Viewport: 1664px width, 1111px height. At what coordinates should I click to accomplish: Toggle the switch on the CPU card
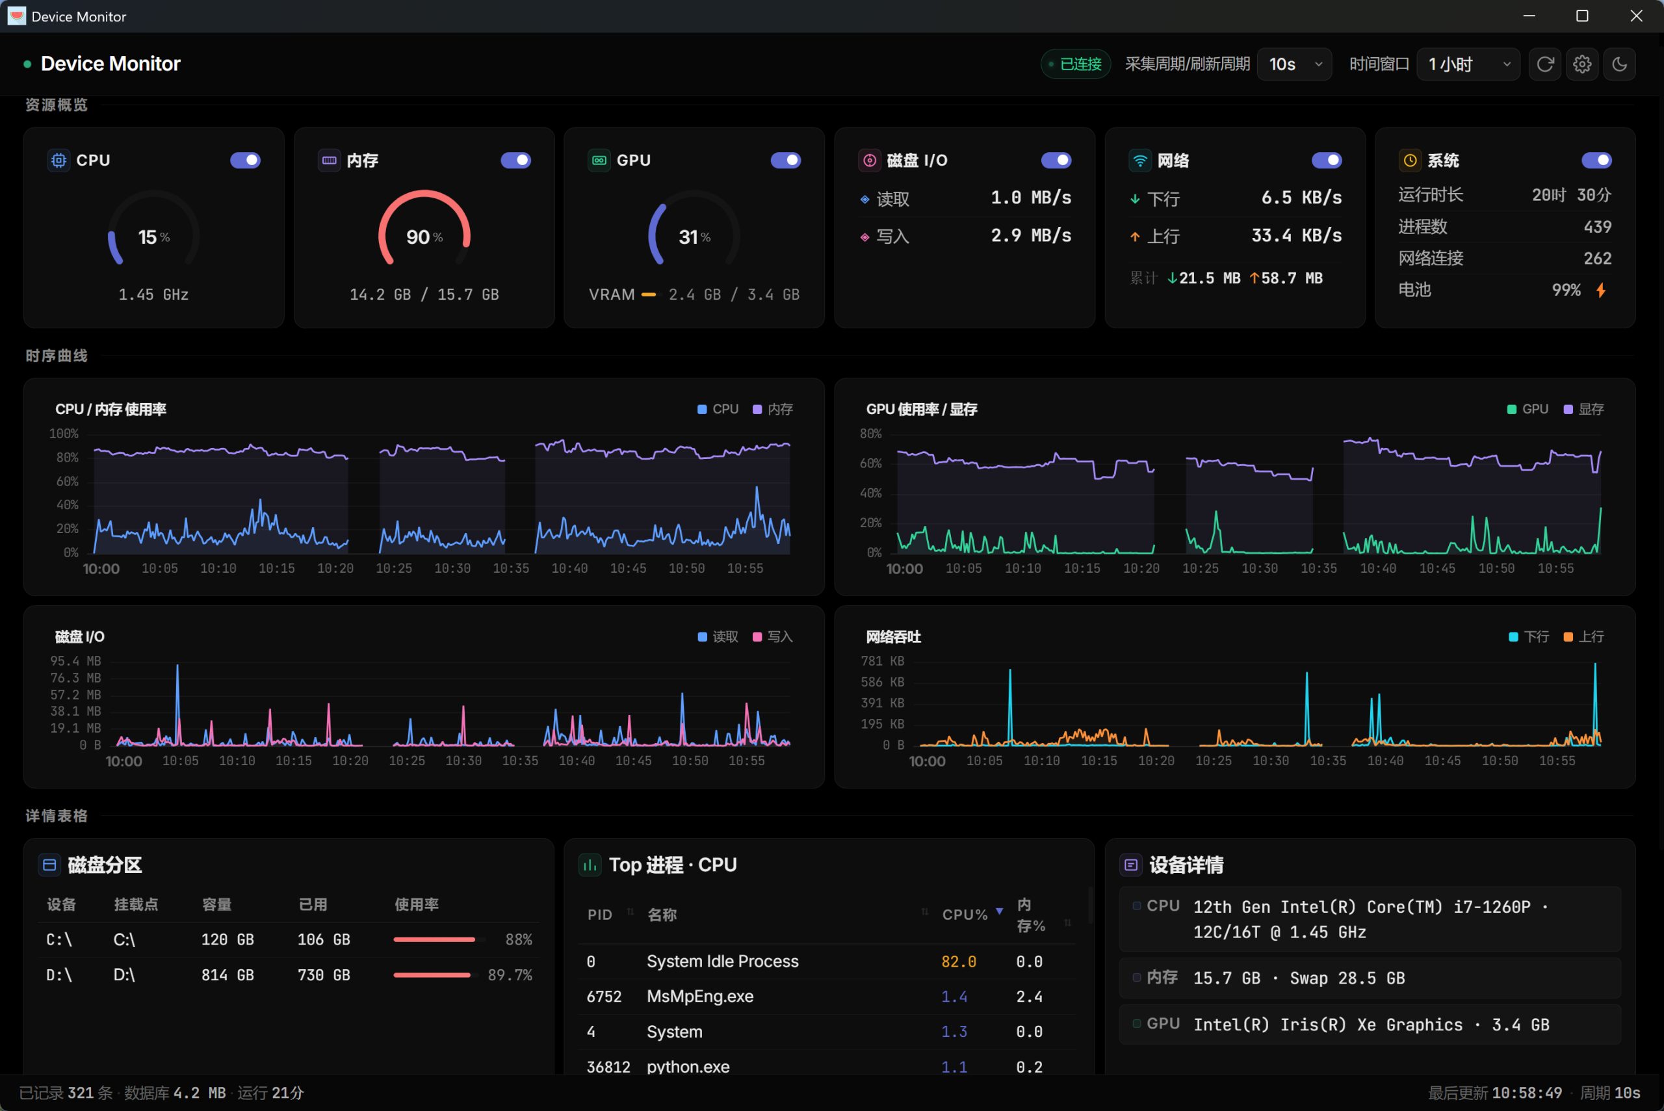click(245, 160)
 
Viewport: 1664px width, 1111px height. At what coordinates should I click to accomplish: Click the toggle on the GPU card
click(786, 160)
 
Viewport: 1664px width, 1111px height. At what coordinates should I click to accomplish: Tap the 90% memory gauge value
click(424, 237)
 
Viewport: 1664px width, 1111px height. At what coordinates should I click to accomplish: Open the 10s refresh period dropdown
click(1294, 64)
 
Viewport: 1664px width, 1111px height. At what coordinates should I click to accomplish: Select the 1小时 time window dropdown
click(1468, 64)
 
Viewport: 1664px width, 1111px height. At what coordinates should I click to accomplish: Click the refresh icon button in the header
click(1545, 64)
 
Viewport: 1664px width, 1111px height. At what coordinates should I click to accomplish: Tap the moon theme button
click(1619, 64)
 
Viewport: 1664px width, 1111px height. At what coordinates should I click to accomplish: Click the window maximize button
click(1582, 16)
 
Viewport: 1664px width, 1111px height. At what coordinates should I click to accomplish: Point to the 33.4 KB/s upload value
click(1296, 235)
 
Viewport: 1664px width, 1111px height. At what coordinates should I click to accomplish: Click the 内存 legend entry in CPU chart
click(773, 410)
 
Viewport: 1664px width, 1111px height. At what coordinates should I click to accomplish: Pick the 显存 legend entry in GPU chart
click(1584, 410)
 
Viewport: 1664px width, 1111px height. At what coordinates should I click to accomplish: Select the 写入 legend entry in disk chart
click(773, 637)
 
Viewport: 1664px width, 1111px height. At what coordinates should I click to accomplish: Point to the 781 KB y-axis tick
click(882, 661)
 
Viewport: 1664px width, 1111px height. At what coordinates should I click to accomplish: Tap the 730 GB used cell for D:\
click(324, 976)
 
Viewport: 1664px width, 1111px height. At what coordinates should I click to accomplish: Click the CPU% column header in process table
click(965, 915)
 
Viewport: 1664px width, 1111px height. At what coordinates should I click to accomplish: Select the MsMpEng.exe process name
click(700, 996)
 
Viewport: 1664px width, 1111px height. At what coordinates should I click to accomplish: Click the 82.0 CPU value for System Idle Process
click(959, 961)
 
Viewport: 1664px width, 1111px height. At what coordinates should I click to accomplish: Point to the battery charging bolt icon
click(1601, 290)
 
